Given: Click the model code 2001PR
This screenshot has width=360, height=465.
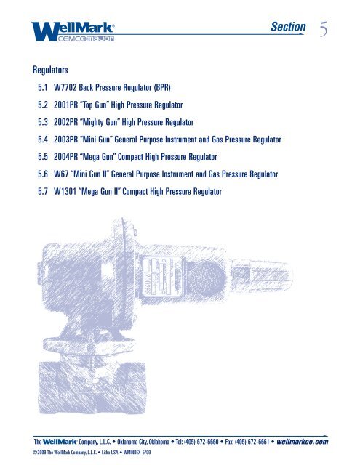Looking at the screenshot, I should point(68,105).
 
